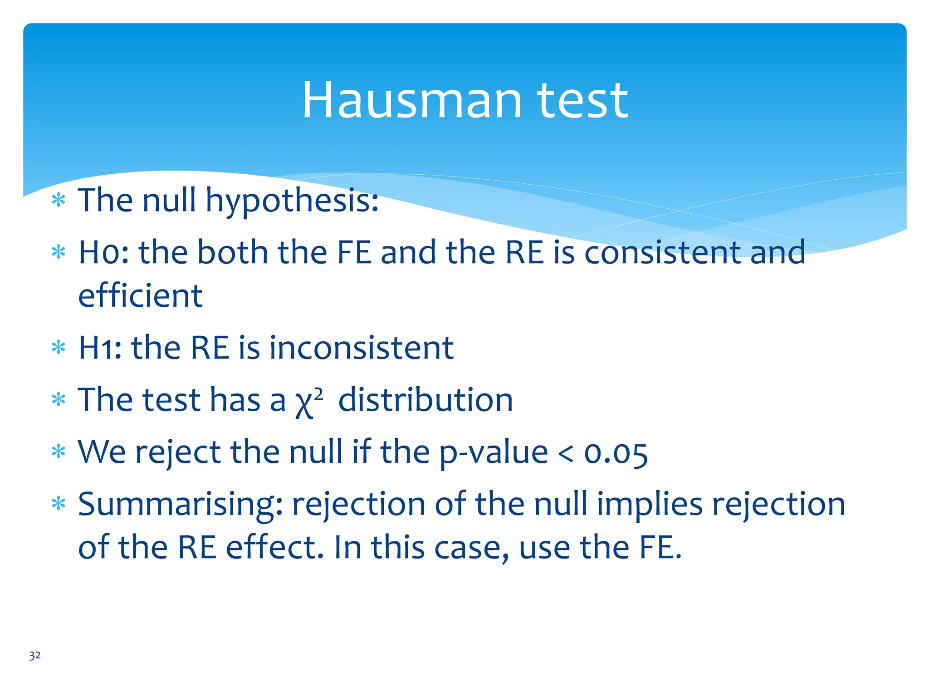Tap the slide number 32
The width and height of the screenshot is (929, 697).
(34, 655)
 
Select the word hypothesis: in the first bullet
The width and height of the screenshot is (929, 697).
(292, 201)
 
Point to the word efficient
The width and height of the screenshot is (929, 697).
(140, 296)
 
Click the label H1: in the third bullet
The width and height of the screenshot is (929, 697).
(100, 348)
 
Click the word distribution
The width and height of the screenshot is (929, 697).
(425, 400)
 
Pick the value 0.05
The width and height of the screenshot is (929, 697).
(616, 453)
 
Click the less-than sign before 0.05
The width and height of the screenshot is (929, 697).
(565, 453)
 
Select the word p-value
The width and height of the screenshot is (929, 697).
(494, 453)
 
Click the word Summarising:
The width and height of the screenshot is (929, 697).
(181, 505)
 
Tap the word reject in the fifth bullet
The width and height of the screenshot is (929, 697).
(178, 453)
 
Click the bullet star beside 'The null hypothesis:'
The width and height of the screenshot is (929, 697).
(59, 200)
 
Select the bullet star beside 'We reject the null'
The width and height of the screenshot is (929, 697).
(59, 452)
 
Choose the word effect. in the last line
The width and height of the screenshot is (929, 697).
(275, 548)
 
